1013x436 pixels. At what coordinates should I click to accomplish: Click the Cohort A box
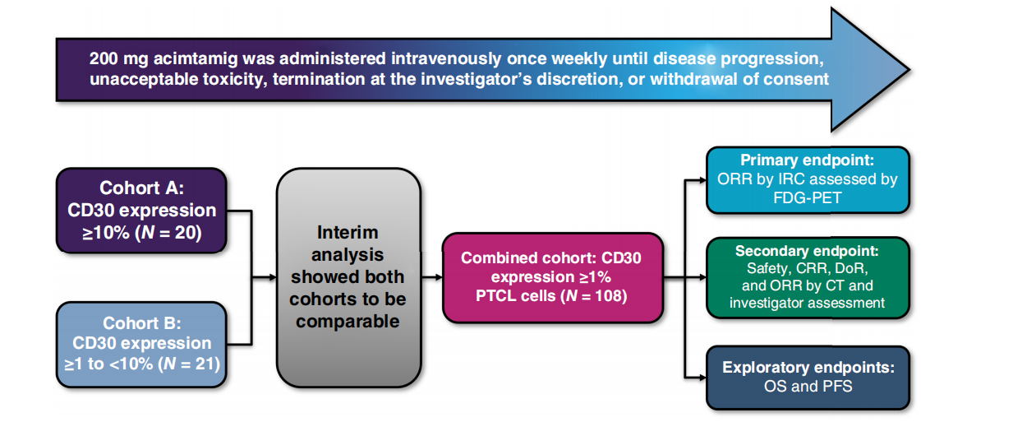pyautogui.click(x=140, y=210)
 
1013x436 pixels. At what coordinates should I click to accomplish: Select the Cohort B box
pyautogui.click(x=140, y=343)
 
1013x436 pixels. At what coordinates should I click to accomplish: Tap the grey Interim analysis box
pyautogui.click(x=348, y=277)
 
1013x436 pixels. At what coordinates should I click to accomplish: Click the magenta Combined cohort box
pyautogui.click(x=550, y=276)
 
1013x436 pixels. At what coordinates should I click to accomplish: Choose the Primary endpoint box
pyautogui.click(x=808, y=179)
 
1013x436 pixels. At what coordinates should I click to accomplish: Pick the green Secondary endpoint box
pyautogui.click(x=808, y=276)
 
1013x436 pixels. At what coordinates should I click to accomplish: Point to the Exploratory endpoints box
pyautogui.click(x=808, y=377)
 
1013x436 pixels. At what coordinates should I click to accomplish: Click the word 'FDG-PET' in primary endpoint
pyautogui.click(x=808, y=197)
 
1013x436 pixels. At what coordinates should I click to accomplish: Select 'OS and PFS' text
pyautogui.click(x=808, y=386)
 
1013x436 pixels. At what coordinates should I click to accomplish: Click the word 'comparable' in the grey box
pyautogui.click(x=348, y=320)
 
